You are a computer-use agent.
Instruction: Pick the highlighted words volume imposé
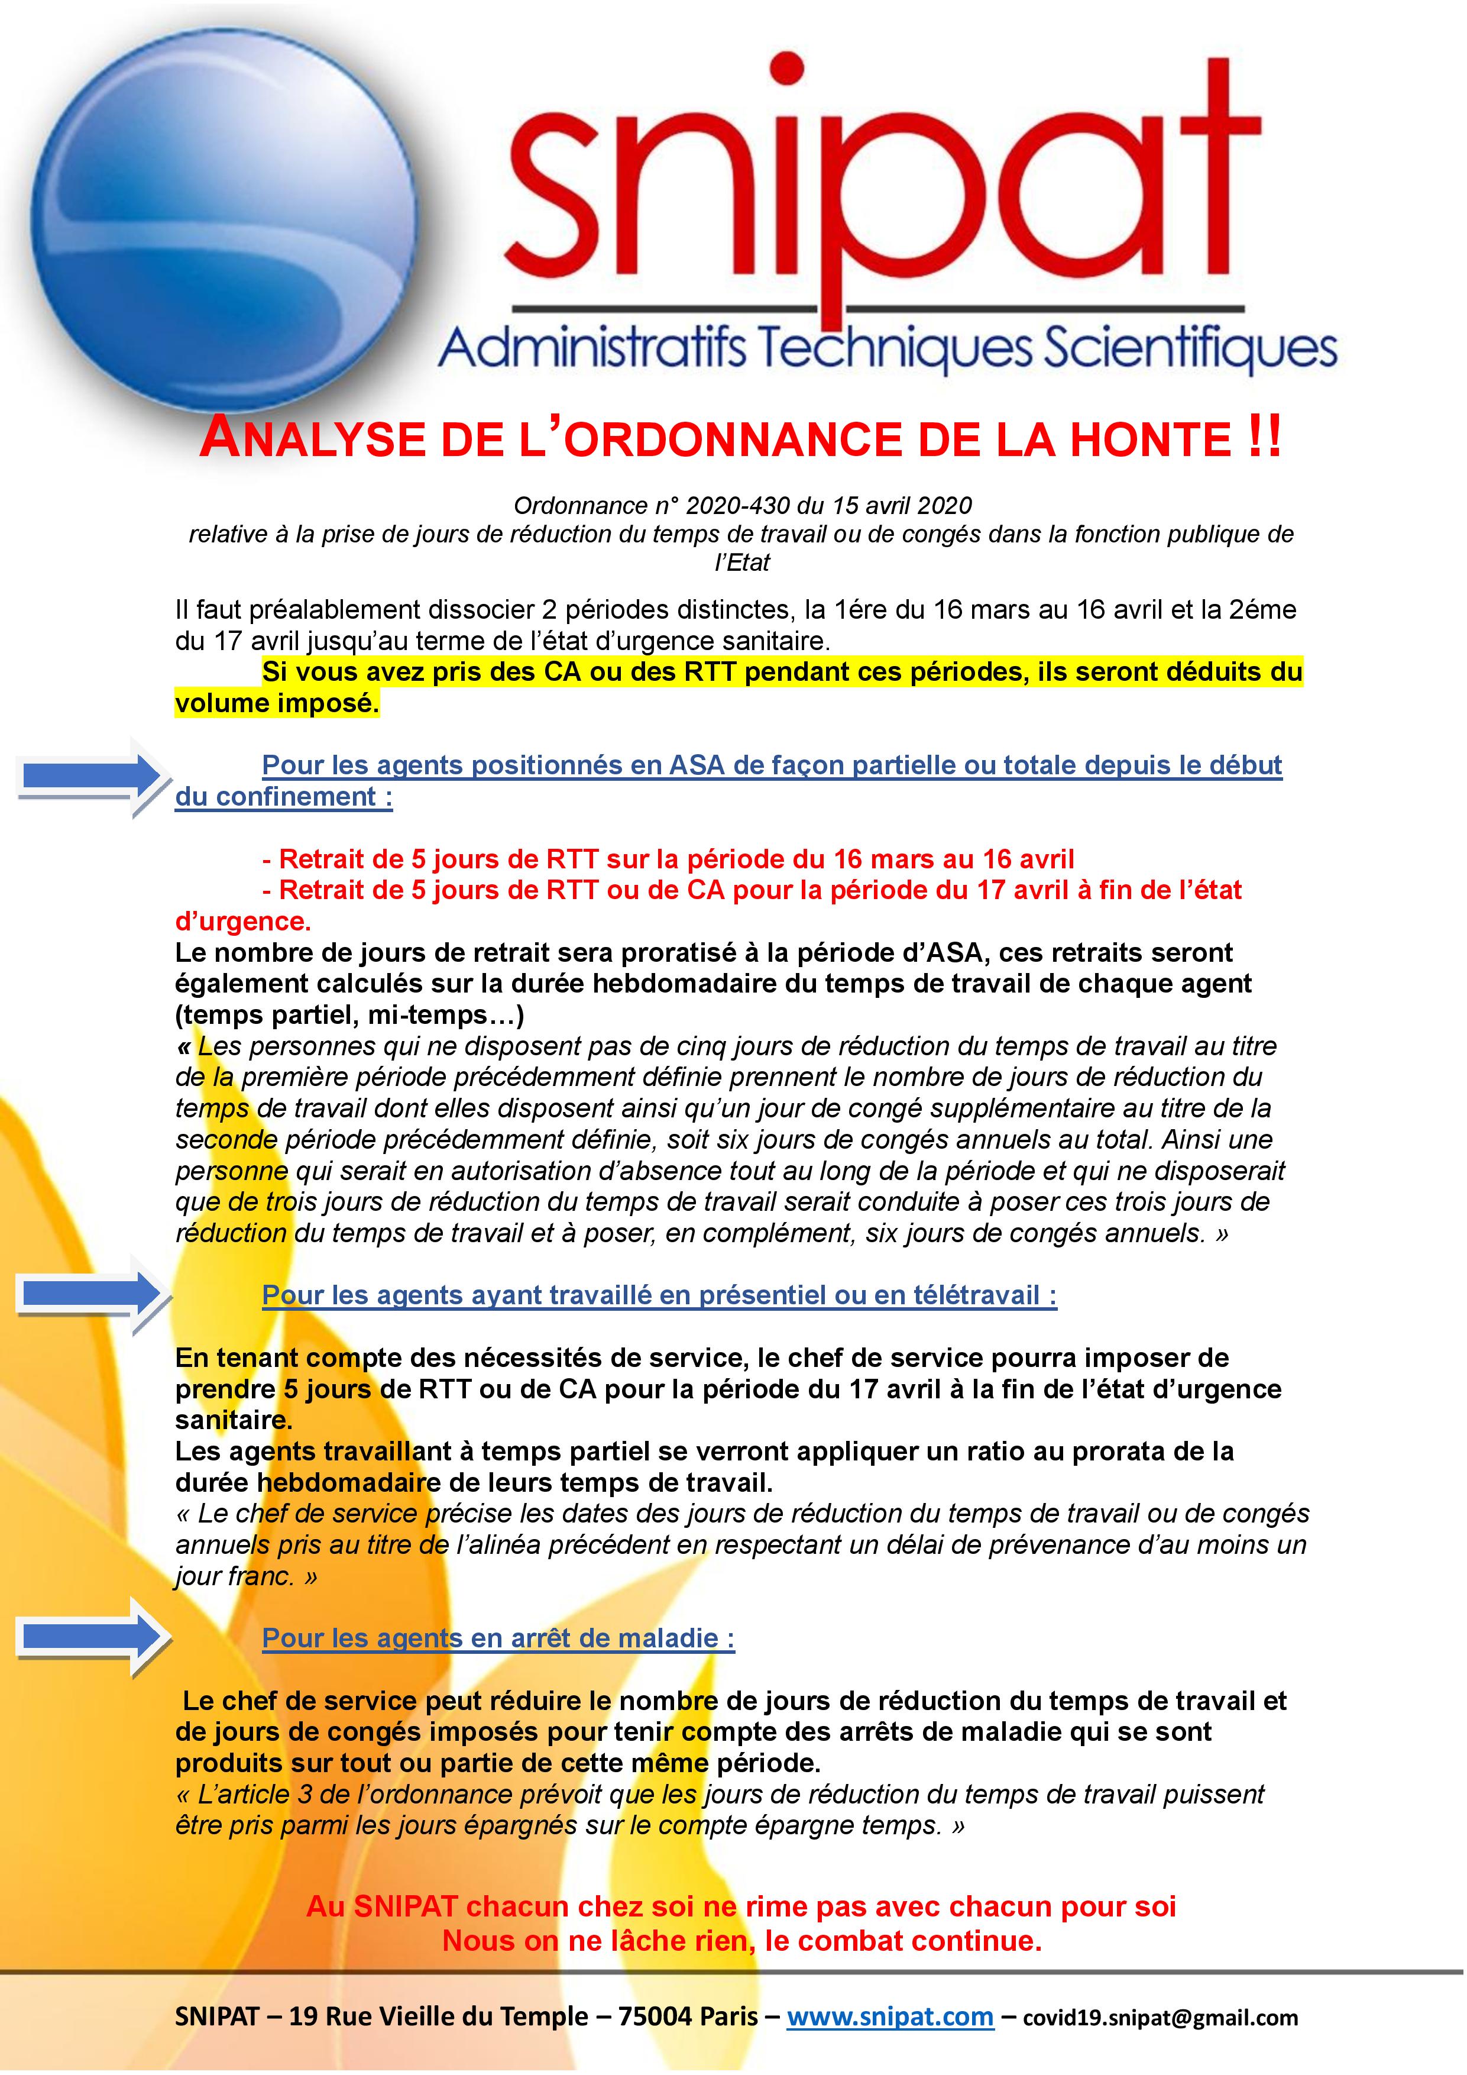click(276, 703)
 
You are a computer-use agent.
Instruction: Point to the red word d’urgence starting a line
click(242, 921)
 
